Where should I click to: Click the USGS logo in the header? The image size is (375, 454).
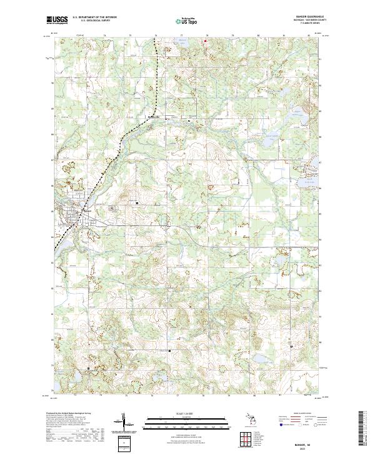tap(57, 21)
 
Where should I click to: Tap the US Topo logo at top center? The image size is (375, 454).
tap(187, 21)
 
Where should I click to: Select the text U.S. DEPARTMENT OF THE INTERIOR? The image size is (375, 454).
tap(94, 18)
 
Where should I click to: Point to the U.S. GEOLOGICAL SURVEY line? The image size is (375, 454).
tap(91, 21)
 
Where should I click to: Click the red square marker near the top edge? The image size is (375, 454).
tap(206, 41)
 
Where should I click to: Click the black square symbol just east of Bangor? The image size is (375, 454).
tap(138, 202)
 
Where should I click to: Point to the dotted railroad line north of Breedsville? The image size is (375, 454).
tap(154, 75)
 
